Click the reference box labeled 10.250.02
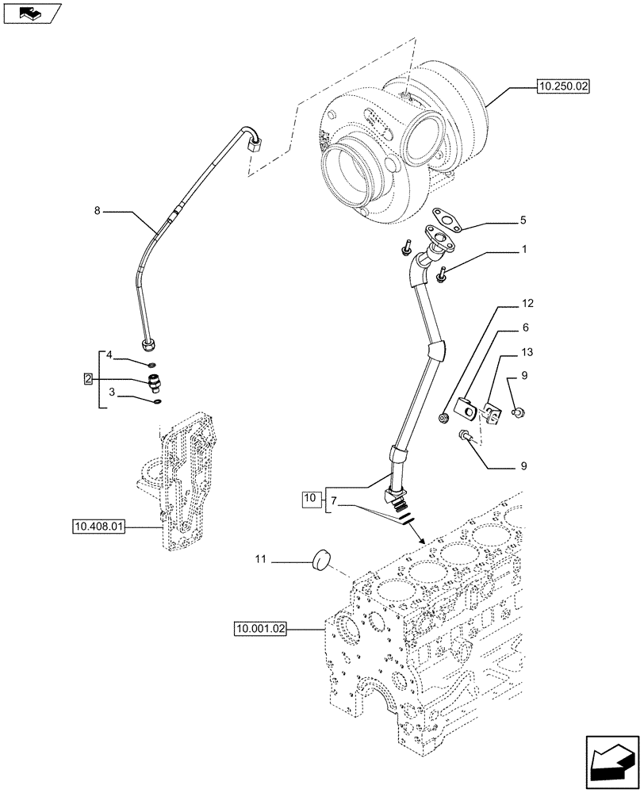564,88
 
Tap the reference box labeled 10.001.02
259,629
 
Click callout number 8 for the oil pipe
98,212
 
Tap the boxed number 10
311,499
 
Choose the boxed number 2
90,379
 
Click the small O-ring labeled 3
157,402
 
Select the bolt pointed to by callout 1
441,275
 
